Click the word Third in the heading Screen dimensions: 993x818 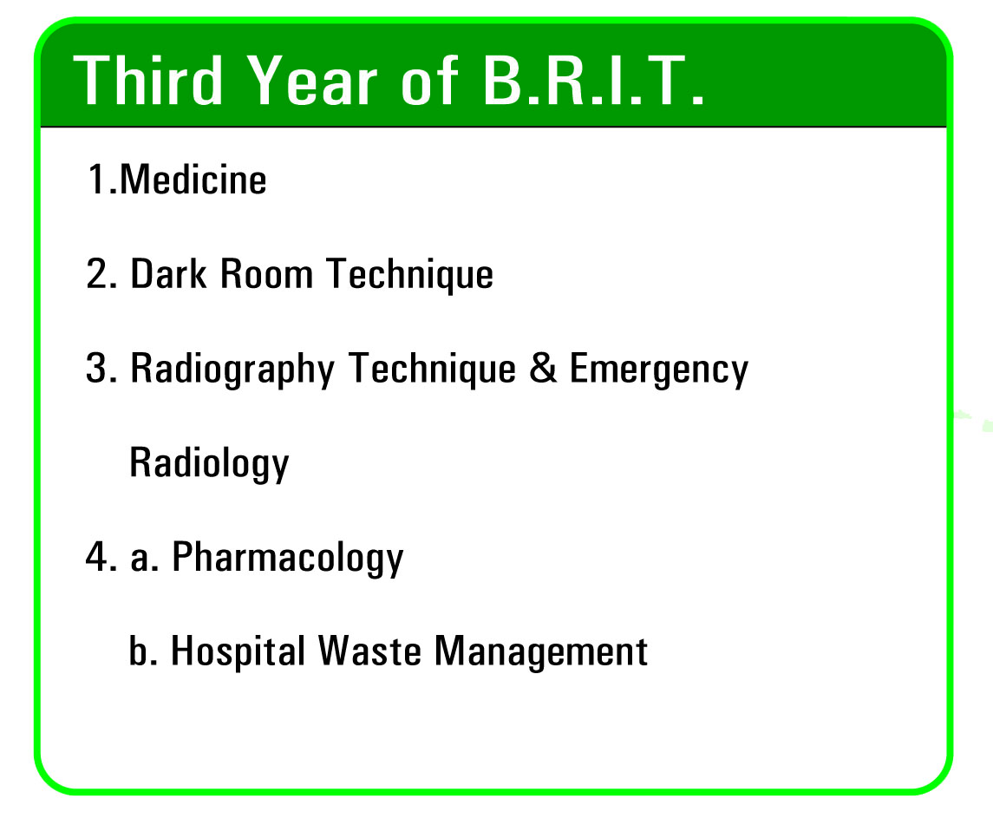(x=149, y=80)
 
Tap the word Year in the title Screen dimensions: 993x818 (x=311, y=80)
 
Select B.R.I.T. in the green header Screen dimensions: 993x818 (x=593, y=80)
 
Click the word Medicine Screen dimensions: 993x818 (x=193, y=180)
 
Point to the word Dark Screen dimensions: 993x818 (x=168, y=274)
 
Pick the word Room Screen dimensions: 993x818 (x=266, y=274)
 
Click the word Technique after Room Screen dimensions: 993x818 (x=409, y=275)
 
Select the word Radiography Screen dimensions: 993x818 (x=232, y=370)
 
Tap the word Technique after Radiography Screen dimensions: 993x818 (x=432, y=370)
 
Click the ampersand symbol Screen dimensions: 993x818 (x=543, y=368)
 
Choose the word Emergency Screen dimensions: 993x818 (x=658, y=370)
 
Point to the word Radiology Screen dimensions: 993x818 (x=209, y=464)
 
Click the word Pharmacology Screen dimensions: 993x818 (x=288, y=559)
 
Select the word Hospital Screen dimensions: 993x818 (x=238, y=652)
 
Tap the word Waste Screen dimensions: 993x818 (x=369, y=651)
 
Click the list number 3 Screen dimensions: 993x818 (x=101, y=368)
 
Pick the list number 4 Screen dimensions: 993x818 (x=101, y=557)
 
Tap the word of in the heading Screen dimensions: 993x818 (x=429, y=80)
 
